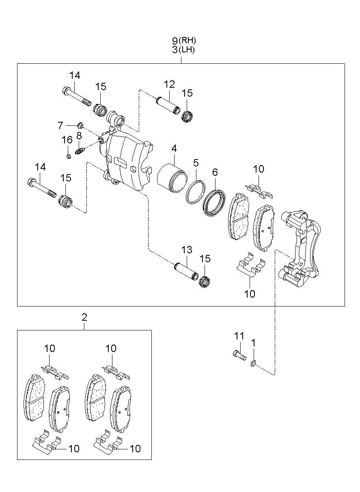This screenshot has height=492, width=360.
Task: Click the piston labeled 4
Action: click(x=172, y=178)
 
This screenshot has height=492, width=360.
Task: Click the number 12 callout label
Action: click(x=169, y=84)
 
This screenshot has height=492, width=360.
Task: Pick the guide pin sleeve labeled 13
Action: click(x=186, y=272)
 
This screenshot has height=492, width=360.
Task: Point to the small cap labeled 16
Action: click(x=69, y=156)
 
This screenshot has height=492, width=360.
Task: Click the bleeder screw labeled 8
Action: click(x=80, y=151)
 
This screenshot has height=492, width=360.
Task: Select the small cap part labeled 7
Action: click(x=81, y=125)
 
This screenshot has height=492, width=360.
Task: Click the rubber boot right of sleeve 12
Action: click(x=188, y=117)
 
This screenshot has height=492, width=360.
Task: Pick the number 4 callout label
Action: click(x=174, y=149)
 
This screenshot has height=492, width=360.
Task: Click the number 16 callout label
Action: click(x=67, y=140)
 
